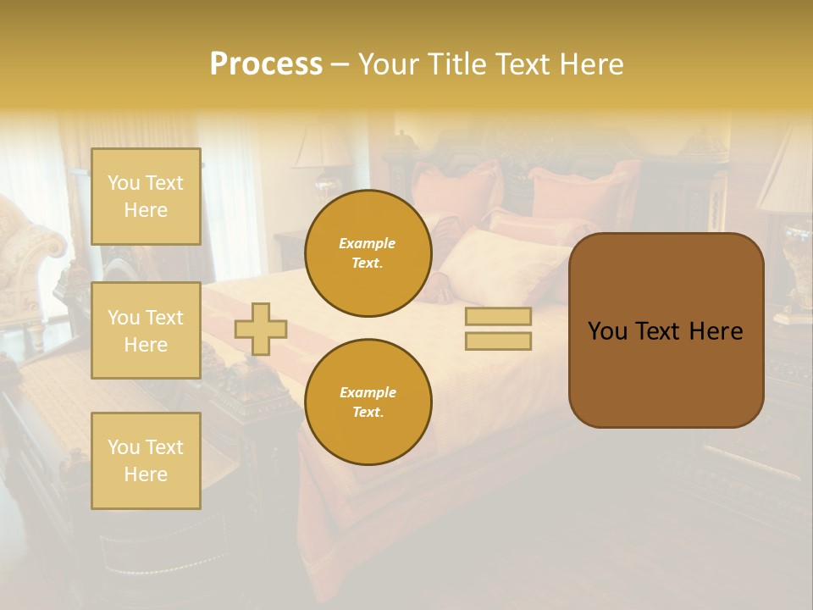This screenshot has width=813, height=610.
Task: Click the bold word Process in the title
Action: pyautogui.click(x=266, y=64)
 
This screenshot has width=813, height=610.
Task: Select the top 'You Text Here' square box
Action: pyautogui.click(x=146, y=197)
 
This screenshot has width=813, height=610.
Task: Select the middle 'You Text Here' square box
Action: pyautogui.click(x=146, y=330)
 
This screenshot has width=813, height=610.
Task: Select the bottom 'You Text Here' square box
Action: pyautogui.click(x=146, y=460)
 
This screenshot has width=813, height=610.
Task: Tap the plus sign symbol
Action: pyautogui.click(x=261, y=329)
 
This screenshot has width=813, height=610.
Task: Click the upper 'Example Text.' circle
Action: pyautogui.click(x=368, y=252)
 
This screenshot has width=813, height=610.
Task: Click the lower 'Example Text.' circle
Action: pyautogui.click(x=368, y=402)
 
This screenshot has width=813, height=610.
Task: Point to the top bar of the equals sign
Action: pyautogui.click(x=498, y=317)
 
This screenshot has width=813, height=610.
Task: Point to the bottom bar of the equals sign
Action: pyautogui.click(x=498, y=341)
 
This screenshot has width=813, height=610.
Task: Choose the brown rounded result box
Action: pyautogui.click(x=666, y=330)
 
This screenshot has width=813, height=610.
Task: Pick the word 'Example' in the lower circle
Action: pyautogui.click(x=368, y=392)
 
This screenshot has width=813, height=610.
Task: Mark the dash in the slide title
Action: pyautogui.click(x=340, y=64)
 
